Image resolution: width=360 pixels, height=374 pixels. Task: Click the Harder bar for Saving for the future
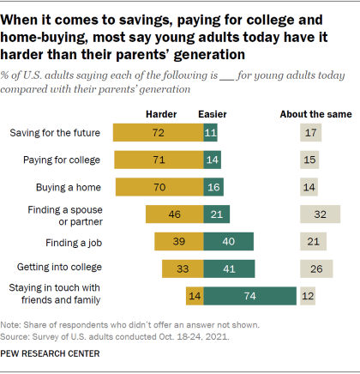pyautogui.click(x=157, y=133)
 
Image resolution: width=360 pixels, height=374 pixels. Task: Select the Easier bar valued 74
pyautogui.click(x=249, y=296)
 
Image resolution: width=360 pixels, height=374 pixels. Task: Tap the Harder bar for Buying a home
pyautogui.click(x=158, y=186)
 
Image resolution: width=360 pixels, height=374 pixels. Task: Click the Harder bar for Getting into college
pyautogui.click(x=182, y=269)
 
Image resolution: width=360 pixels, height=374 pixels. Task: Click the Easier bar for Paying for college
pyautogui.click(x=211, y=160)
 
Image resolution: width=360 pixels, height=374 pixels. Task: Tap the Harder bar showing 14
pyautogui.click(x=194, y=296)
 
